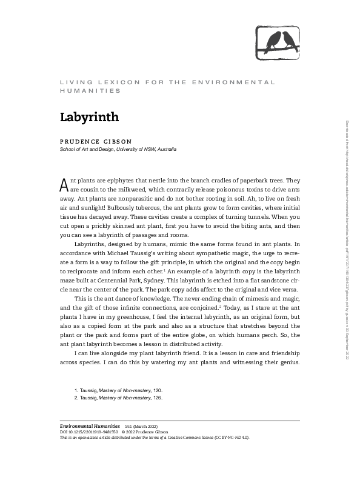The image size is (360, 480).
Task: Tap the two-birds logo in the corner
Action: click(278, 41)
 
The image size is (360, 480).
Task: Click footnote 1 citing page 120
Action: click(118, 391)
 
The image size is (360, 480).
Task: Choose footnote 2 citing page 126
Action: click(118, 398)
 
